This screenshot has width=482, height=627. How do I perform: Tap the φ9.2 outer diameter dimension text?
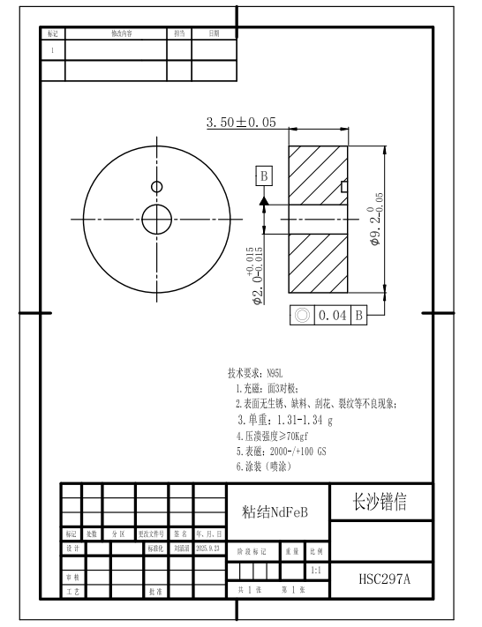coord(377,217)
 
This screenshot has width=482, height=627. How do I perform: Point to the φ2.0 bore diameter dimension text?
coord(257,275)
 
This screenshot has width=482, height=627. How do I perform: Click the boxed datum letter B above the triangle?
coord(263,175)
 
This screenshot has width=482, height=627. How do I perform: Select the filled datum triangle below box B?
coord(263,201)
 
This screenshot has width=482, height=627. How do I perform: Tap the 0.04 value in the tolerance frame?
coord(334,314)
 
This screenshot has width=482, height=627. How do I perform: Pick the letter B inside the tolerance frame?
coord(360,314)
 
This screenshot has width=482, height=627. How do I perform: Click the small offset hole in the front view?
coord(156,186)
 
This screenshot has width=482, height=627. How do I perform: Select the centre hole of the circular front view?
coord(157,219)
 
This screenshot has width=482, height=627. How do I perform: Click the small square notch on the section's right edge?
coord(344,186)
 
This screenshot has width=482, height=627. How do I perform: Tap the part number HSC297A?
coord(384,579)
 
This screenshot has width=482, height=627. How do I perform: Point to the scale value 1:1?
coord(315,571)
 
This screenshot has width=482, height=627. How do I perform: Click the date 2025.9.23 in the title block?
coord(210,548)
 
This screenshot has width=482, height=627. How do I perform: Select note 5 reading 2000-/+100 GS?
coord(281,450)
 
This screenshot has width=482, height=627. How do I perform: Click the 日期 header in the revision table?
coord(214,33)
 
